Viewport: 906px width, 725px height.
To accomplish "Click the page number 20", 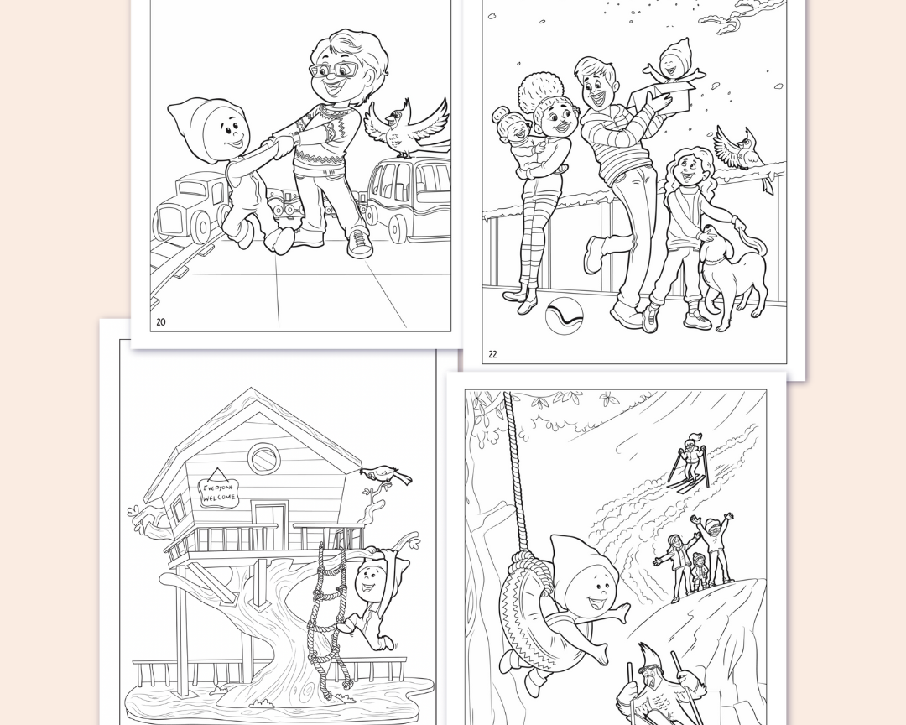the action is (160, 322).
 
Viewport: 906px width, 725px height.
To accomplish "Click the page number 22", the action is (492, 354).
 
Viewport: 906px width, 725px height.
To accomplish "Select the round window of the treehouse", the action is (264, 458).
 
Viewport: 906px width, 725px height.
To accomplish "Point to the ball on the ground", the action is (564, 316).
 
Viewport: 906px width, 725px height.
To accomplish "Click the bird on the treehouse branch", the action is (385, 475).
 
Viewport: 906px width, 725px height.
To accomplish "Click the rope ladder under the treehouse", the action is (325, 618).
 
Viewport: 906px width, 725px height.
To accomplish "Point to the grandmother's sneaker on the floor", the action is (359, 242).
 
